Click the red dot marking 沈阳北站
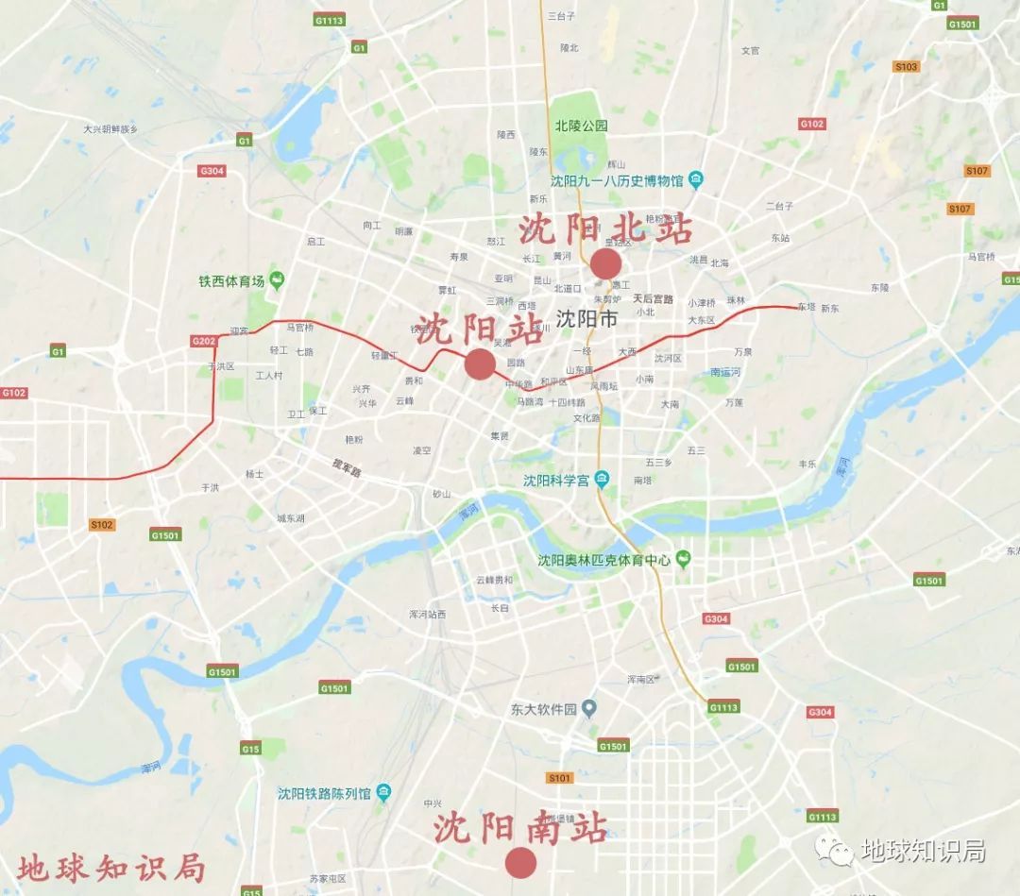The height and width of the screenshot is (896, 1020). pos(605,264)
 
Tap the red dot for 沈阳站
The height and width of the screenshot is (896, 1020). pos(480,363)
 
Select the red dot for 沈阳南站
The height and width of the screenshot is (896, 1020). pos(520,862)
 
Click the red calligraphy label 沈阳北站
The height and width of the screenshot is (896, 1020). pos(604,229)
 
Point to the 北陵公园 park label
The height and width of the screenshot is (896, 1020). pos(581,126)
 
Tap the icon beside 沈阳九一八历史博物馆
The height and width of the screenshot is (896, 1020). pos(696,179)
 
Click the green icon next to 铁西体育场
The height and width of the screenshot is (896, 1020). pos(277,280)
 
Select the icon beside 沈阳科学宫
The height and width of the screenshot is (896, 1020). pos(603,481)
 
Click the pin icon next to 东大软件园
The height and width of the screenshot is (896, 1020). pos(589,707)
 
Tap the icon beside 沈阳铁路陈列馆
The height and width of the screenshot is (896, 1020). pos(383,792)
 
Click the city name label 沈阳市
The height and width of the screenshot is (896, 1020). pos(586,319)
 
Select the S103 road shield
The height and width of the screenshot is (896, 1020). pos(906,66)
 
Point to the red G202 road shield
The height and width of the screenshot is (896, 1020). pos(204,341)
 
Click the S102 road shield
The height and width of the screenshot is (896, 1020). pos(101,525)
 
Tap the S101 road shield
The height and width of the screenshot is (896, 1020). pos(560,778)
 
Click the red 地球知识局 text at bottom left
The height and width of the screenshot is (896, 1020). pos(110,866)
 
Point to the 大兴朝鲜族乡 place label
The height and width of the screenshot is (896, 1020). pos(110,129)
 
